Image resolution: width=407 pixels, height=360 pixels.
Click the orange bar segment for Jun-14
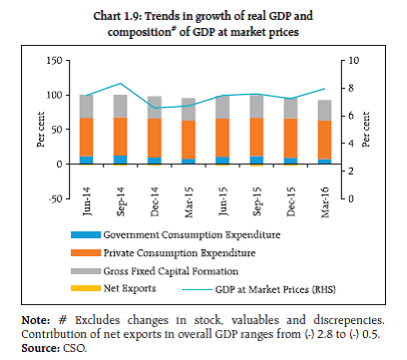[86, 137]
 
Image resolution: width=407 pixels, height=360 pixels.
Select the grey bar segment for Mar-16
[324, 110]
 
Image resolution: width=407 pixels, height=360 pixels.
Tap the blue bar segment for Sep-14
[120, 160]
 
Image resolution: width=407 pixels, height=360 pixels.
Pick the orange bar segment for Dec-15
[290, 138]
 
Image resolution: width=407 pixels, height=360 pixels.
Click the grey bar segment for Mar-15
[189, 110]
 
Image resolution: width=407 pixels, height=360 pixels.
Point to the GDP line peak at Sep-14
[121, 83]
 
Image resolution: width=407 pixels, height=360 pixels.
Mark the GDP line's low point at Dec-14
[155, 108]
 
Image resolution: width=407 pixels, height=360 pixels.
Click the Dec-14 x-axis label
[155, 201]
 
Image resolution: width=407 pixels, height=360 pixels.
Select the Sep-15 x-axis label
[256, 201]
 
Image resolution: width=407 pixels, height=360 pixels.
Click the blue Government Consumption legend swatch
[86, 235]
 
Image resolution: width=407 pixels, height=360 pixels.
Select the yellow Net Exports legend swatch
[86, 288]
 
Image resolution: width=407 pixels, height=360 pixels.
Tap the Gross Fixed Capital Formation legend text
[171, 271]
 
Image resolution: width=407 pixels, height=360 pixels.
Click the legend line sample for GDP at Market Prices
[197, 290]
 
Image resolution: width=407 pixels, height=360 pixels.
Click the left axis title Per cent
[41, 130]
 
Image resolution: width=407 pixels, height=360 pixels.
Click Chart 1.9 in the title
[117, 16]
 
